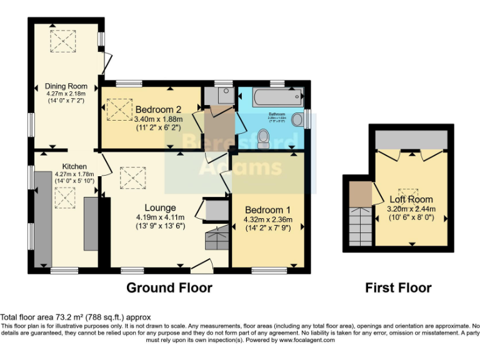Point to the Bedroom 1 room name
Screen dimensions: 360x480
point(268,210)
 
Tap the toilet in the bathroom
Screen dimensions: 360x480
point(262,135)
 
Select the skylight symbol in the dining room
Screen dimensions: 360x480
point(64,41)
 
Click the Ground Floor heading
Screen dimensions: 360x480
point(169,287)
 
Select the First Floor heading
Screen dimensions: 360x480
point(398,287)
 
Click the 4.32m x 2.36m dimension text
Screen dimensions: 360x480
point(268,219)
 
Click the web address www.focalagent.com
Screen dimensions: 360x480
point(307,340)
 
